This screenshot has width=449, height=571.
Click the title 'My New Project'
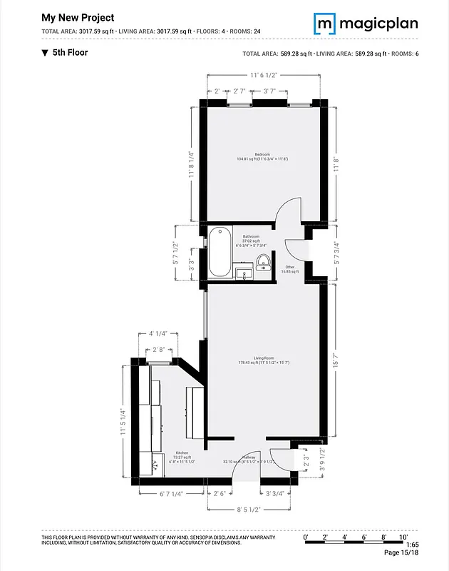78,17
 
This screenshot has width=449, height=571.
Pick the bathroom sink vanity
244,273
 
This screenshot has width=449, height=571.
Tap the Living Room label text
264,360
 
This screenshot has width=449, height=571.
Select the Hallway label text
249,458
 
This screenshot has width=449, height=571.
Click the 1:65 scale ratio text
412,545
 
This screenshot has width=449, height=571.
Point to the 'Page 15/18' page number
401,552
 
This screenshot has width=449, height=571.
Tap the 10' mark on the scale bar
403,536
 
